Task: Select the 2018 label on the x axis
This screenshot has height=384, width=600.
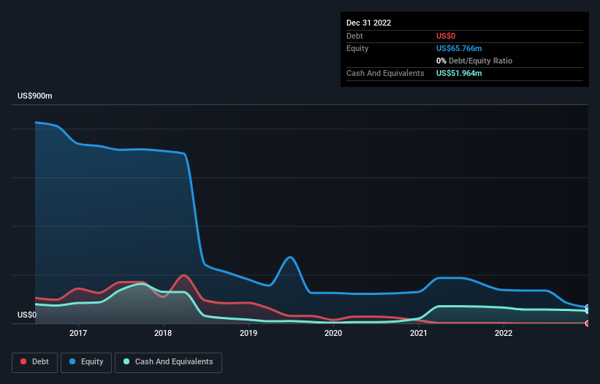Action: tap(163, 333)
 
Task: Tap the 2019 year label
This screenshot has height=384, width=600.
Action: tap(248, 333)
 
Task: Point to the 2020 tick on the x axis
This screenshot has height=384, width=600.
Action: tap(333, 333)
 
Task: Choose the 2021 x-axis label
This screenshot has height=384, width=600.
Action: tap(419, 333)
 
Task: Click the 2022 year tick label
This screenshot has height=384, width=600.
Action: tap(504, 333)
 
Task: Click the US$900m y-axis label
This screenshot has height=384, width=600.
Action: tap(35, 96)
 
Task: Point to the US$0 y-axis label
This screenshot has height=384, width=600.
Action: tap(28, 315)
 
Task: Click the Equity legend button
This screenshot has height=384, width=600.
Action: tap(86, 361)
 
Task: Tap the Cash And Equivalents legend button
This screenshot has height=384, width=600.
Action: tap(168, 361)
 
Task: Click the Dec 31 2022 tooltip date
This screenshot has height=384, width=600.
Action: tap(368, 23)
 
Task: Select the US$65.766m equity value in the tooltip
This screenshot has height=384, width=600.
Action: tap(459, 48)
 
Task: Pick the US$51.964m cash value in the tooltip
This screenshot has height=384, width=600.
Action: tap(459, 73)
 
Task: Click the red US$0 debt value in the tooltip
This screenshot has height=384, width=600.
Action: tap(447, 36)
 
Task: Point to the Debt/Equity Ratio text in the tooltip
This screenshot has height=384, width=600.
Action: tap(479, 61)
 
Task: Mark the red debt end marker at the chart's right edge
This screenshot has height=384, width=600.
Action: tap(588, 323)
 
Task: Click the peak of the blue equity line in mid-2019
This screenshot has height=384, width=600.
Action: tap(290, 257)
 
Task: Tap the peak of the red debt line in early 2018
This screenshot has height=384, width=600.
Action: tap(183, 275)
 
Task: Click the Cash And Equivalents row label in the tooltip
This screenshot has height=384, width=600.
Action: tap(385, 73)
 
